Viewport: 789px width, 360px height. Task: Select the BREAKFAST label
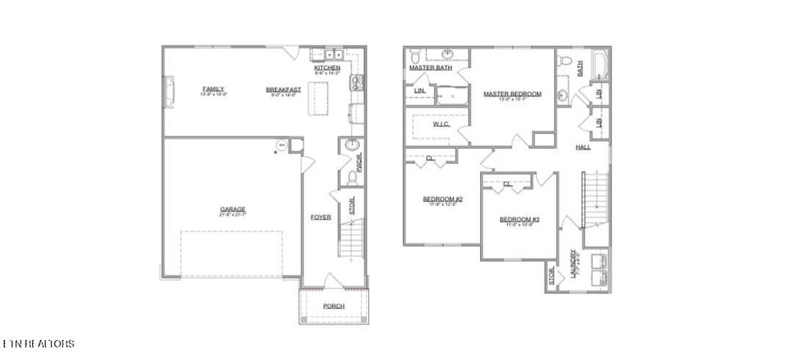(x=284, y=89)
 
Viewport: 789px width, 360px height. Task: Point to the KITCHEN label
(x=327, y=68)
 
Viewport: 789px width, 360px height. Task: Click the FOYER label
(x=321, y=217)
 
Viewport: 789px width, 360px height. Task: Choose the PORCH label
(x=334, y=306)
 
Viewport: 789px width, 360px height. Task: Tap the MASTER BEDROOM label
(x=512, y=94)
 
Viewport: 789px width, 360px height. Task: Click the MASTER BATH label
(x=431, y=68)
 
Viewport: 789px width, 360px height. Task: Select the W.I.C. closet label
(x=442, y=123)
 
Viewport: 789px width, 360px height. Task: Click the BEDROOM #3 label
(x=515, y=218)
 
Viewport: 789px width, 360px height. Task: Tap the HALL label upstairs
(x=583, y=146)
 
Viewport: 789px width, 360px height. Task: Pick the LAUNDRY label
(x=574, y=262)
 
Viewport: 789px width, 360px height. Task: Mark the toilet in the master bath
(x=415, y=55)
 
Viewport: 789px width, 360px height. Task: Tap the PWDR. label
(x=359, y=163)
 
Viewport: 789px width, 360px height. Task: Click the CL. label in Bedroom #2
(x=429, y=159)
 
